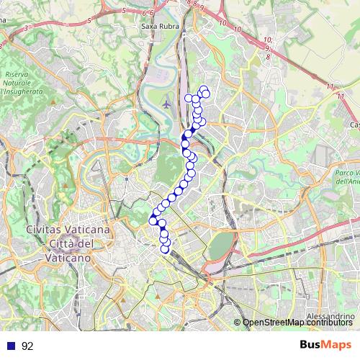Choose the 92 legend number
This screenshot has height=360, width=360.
pyautogui.click(x=28, y=346)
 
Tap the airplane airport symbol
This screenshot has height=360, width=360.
pyautogui.click(x=167, y=103)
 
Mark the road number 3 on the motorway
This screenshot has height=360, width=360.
pyautogui.click(x=26, y=27)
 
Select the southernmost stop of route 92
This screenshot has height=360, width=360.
pyautogui.click(x=165, y=249)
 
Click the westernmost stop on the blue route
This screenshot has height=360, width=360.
pyautogui.click(x=153, y=220)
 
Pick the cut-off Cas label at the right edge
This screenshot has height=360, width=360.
pyautogui.click(x=354, y=125)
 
